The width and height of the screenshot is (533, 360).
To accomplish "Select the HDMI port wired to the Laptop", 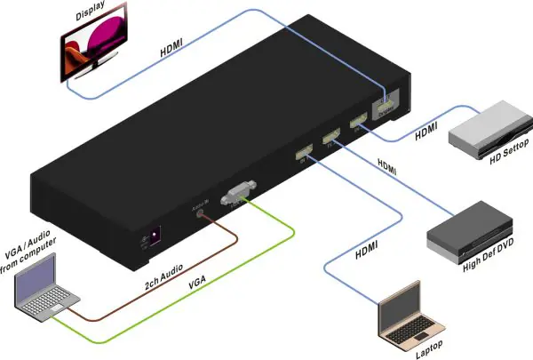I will point(304,154).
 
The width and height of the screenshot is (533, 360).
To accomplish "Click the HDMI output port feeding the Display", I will point(385,105).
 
